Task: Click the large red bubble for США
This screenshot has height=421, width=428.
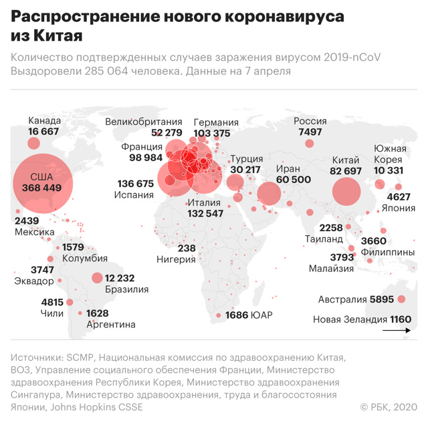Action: (x=39, y=182)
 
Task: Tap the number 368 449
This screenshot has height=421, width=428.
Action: (x=41, y=188)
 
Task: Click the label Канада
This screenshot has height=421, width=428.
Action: (x=45, y=121)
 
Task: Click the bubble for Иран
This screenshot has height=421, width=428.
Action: (x=269, y=194)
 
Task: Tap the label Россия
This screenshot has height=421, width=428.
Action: (x=310, y=121)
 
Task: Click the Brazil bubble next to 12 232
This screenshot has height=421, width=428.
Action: (x=97, y=278)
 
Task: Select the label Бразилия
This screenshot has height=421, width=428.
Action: (x=127, y=289)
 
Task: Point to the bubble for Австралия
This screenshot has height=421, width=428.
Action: (x=402, y=299)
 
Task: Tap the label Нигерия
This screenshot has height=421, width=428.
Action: (x=177, y=259)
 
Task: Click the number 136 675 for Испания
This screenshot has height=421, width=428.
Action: (x=136, y=183)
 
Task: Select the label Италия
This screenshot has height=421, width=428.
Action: (x=205, y=202)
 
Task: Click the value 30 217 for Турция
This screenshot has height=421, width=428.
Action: (x=245, y=170)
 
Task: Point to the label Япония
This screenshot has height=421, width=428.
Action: (x=399, y=208)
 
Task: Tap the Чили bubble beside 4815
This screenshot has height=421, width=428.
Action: (x=70, y=302)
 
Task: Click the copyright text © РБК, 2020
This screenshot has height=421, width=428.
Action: (x=389, y=407)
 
